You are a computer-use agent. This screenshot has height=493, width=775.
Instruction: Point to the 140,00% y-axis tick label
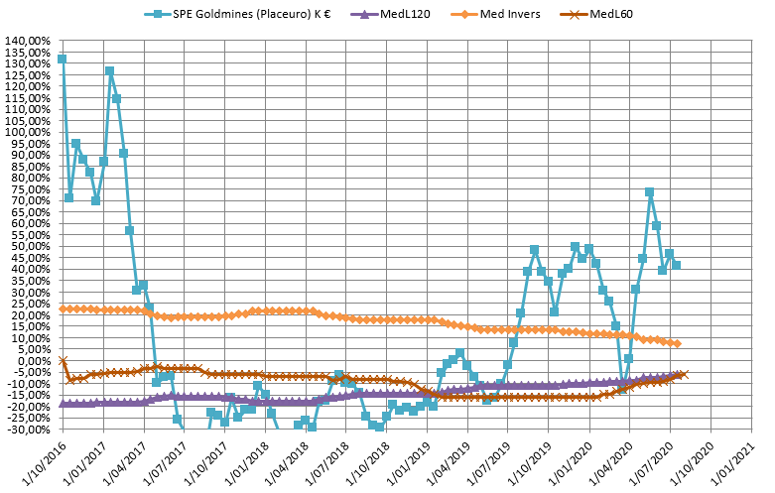[x=29, y=41]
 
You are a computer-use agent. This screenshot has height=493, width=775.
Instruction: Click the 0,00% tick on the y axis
[x=32, y=361]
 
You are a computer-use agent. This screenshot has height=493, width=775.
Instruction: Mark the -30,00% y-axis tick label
[x=29, y=430]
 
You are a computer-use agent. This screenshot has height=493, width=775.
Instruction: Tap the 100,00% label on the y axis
[x=29, y=132]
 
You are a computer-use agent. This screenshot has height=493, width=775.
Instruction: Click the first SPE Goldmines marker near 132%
[x=62, y=59]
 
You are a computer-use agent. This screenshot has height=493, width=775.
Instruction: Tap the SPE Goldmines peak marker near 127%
[x=109, y=70]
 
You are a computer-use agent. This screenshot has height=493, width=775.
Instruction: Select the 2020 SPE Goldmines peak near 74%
[x=649, y=191]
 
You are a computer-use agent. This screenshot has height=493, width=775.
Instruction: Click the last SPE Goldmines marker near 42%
[x=676, y=265]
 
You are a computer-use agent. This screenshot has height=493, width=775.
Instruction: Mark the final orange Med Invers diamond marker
[x=676, y=343]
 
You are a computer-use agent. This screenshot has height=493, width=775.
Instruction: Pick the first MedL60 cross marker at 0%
[x=63, y=360]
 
